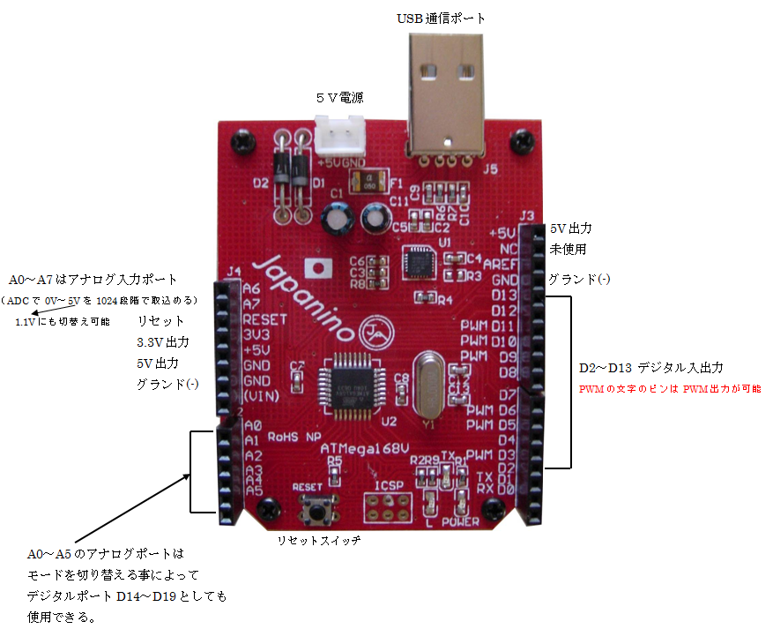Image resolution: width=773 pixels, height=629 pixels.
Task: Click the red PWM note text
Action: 669,388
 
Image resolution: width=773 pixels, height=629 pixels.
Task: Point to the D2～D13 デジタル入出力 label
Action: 651,367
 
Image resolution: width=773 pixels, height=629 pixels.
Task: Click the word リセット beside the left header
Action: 161,320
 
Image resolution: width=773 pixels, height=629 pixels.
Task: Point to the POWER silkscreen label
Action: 459,520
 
